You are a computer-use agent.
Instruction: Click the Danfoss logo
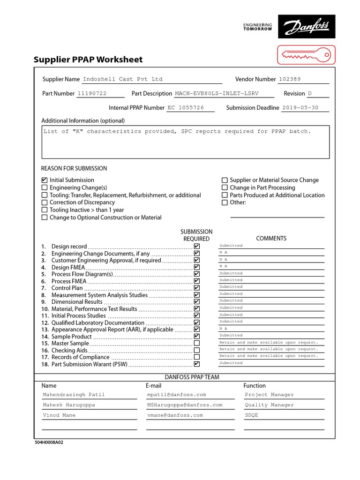307,26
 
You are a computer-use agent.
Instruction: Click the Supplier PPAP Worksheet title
88,60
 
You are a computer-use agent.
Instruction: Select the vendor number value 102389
290,79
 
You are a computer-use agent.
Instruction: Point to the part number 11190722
92,93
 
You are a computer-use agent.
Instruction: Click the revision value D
309,93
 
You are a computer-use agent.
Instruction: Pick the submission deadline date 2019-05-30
300,107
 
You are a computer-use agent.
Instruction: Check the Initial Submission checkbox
45,180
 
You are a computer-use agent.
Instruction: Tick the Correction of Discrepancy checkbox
45,202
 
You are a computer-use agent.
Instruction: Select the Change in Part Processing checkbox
225,187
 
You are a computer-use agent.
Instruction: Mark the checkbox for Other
225,202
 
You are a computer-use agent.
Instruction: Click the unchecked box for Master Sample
196,343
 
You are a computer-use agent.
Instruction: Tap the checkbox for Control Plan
196,288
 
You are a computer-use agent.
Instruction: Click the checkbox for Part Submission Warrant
196,364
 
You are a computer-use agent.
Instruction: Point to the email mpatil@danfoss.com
176,395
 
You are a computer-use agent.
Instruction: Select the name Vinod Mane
59,415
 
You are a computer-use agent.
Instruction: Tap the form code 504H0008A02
49,442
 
